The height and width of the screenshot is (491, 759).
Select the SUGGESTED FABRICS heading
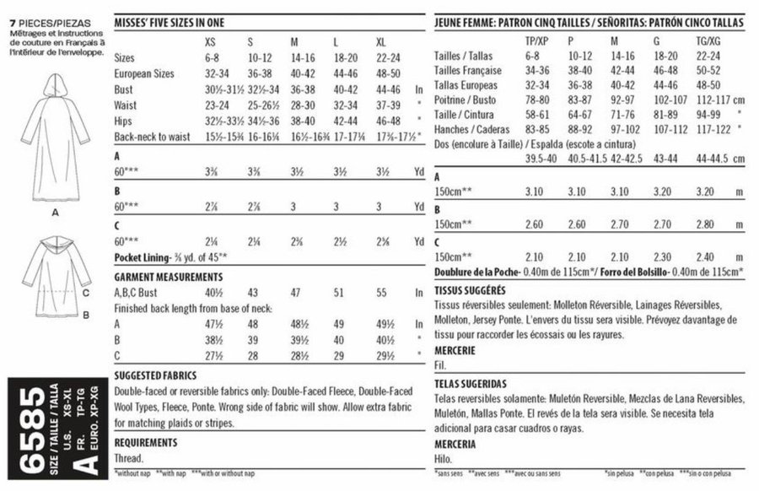click(x=157, y=375)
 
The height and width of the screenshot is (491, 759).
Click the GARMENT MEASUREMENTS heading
click(x=168, y=276)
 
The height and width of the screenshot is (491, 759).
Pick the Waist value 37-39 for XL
click(x=388, y=103)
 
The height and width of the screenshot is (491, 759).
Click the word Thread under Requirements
click(x=130, y=458)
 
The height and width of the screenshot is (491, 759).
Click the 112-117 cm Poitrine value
click(x=708, y=99)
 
